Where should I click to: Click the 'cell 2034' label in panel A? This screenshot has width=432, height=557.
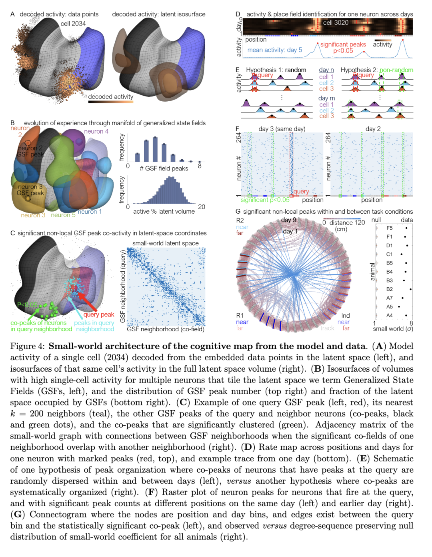point(73,24)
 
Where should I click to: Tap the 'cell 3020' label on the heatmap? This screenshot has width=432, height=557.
point(336,23)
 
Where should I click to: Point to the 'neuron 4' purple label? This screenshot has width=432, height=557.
point(96,131)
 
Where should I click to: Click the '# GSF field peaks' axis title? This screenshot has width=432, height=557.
point(164,168)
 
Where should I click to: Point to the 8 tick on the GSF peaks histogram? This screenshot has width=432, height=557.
point(200,166)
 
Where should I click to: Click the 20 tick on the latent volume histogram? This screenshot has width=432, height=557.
point(202,207)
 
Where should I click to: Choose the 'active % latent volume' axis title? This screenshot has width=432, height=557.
point(164,211)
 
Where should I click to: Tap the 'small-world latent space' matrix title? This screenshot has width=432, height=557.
point(165,243)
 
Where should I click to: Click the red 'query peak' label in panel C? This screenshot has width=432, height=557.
point(99,315)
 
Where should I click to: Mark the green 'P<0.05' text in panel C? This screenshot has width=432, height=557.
point(27,305)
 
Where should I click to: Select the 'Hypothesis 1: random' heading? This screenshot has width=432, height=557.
point(276,70)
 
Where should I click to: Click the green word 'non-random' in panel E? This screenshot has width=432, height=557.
point(396,70)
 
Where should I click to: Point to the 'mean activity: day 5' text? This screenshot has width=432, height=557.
point(274,50)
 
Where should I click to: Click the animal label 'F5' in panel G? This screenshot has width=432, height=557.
point(389,228)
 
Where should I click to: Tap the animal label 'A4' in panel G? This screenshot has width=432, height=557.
point(389,315)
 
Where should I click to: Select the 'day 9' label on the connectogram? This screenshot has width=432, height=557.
point(288,220)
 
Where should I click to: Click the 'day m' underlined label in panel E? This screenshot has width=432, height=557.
point(326,98)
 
